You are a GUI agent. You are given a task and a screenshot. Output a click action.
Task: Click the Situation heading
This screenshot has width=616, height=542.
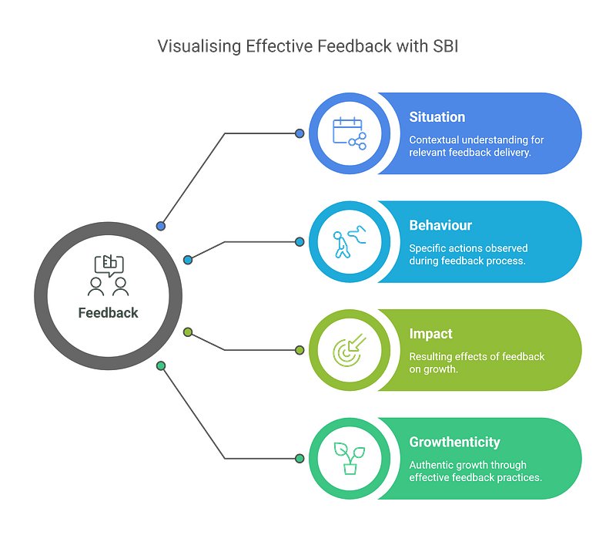[437, 117]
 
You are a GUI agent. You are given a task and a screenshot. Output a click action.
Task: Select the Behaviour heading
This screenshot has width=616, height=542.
[440, 226]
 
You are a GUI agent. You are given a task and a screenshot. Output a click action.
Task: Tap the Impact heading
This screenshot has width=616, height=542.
[430, 335]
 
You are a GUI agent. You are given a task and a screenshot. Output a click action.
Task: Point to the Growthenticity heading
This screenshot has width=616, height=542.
[454, 443]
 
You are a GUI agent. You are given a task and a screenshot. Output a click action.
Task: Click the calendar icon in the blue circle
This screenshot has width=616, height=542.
[349, 133]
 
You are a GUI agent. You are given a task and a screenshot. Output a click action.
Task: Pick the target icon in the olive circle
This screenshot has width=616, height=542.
[349, 350]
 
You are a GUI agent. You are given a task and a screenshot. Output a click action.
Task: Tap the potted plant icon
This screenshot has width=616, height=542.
[349, 458]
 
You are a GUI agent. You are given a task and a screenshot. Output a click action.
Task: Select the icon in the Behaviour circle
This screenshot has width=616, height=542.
[349, 241]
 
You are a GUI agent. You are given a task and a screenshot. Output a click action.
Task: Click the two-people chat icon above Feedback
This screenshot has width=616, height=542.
[108, 276]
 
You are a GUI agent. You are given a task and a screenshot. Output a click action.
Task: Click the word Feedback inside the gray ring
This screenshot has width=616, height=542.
[108, 312]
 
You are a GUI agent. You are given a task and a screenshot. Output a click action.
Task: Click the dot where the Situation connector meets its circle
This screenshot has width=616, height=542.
[300, 133]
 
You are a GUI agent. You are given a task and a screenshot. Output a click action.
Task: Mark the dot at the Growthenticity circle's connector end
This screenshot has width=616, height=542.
[300, 459]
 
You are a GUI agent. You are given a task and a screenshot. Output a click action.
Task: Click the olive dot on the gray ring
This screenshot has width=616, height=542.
[188, 332]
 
